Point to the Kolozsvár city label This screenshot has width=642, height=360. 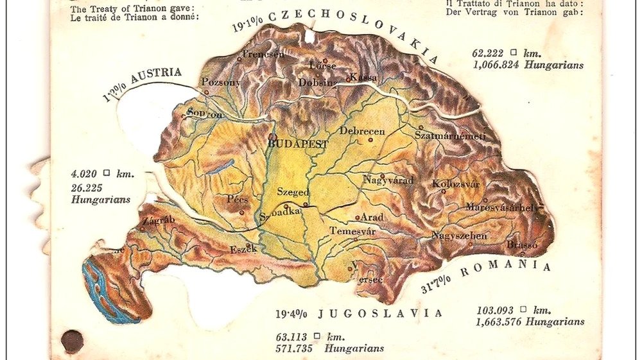[456, 184]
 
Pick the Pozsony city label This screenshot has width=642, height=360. [221, 82]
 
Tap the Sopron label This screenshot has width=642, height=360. [205, 114]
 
